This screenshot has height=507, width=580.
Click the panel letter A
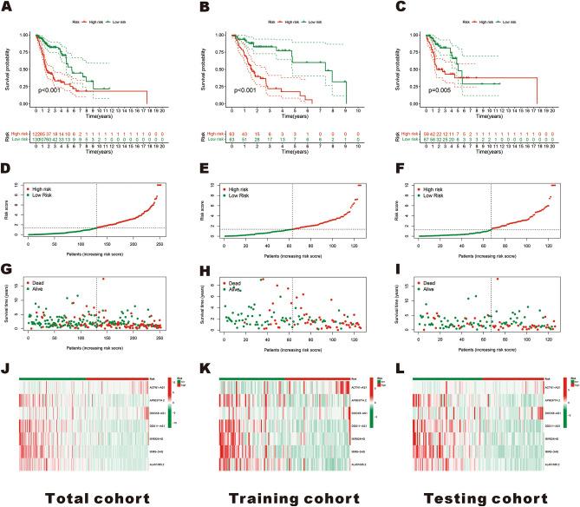tap(9, 7)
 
